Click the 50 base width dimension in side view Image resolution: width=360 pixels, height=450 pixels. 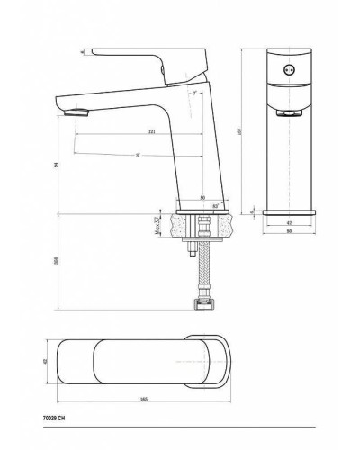point(202,197)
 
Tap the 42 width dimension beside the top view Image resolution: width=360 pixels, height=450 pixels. point(45,360)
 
